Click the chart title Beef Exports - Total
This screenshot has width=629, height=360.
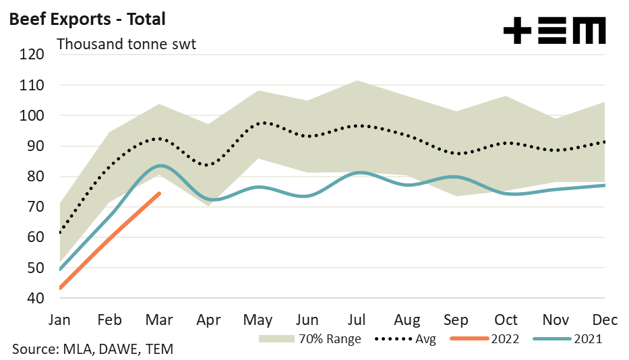[86, 19]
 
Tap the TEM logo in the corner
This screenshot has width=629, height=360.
[554, 30]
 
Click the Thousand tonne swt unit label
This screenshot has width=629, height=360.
[126, 44]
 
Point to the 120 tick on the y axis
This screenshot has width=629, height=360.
[32, 55]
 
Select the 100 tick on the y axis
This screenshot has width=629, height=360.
[32, 116]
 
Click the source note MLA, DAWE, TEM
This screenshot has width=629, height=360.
[92, 349]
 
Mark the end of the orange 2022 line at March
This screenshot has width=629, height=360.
[159, 194]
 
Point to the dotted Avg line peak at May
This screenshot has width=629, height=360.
[263, 123]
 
